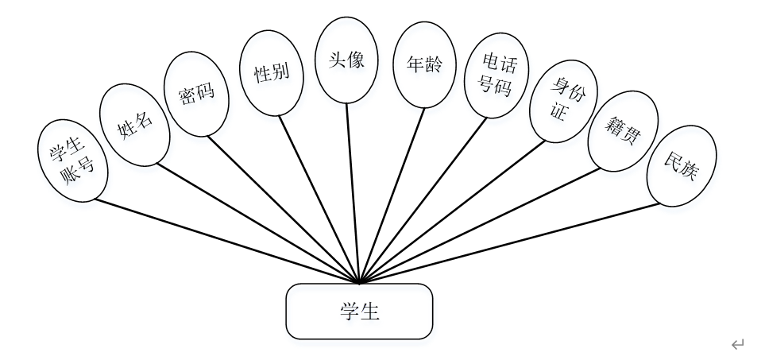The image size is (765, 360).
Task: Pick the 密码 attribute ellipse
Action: (x=196, y=97)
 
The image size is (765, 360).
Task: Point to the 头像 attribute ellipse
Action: (x=346, y=61)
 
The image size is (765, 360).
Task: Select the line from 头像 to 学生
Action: (x=353, y=191)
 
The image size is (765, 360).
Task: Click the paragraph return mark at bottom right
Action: (x=738, y=343)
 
